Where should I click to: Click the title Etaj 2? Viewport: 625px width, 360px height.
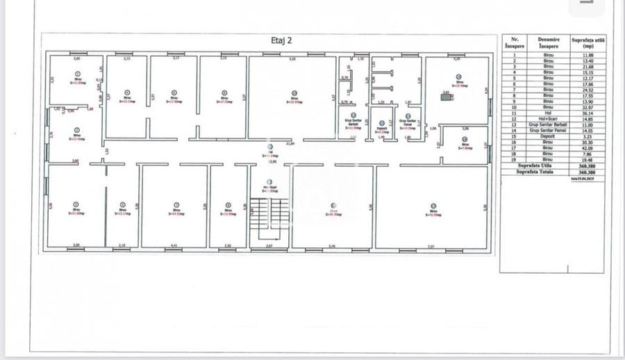[x=281, y=40]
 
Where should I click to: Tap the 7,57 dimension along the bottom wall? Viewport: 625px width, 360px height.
[x=431, y=247]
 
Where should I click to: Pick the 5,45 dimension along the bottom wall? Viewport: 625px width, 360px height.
[x=332, y=247]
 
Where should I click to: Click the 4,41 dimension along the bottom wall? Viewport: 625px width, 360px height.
[x=174, y=247]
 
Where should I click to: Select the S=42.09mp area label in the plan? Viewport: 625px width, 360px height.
[x=433, y=214]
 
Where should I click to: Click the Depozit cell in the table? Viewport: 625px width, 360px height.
[x=548, y=136]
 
